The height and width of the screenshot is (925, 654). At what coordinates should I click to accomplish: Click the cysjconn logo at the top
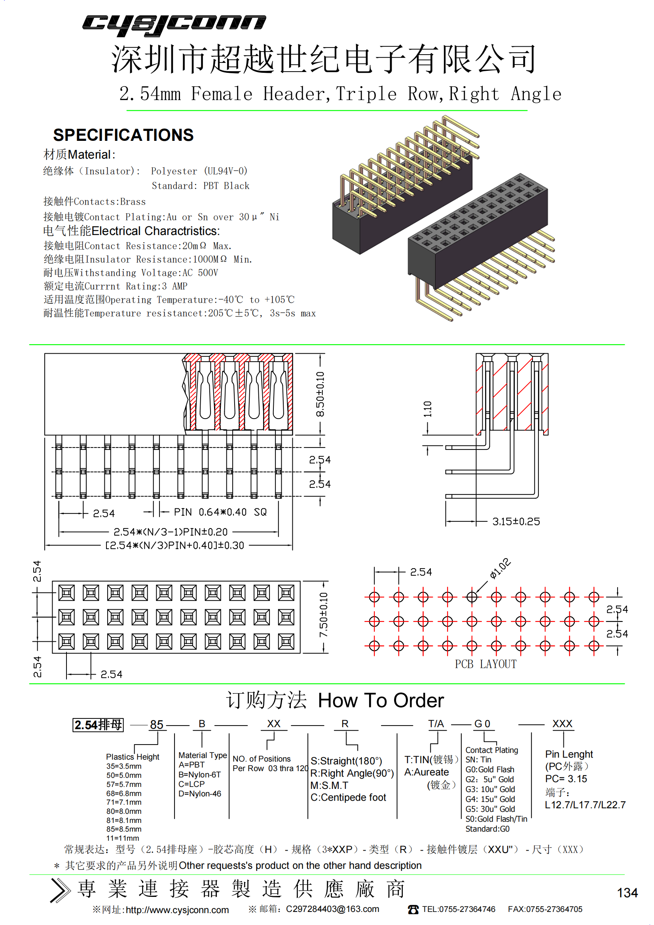[x=174, y=25]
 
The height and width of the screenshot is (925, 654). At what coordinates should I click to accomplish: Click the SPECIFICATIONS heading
[x=123, y=135]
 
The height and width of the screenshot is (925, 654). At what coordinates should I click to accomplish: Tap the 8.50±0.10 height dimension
[x=320, y=394]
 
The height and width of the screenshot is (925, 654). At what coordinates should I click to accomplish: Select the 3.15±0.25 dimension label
[x=516, y=521]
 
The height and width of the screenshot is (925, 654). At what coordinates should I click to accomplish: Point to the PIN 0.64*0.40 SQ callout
[x=220, y=512]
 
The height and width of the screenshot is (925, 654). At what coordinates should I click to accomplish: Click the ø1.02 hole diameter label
[x=500, y=569]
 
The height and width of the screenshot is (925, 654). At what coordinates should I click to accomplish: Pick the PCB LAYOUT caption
[x=485, y=664]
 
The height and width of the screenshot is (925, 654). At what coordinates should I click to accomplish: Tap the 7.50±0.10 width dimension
[x=323, y=615]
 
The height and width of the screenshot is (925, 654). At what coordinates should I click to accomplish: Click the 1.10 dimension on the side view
[x=428, y=409]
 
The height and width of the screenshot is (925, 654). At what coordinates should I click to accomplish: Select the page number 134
[x=627, y=893]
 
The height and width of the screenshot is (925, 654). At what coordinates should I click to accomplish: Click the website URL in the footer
[x=177, y=910]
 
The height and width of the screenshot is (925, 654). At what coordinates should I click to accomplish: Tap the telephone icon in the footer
[x=413, y=909]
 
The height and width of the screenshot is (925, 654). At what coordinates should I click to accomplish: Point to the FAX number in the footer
[x=545, y=909]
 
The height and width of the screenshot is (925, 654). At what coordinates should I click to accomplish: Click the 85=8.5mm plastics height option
[x=124, y=829]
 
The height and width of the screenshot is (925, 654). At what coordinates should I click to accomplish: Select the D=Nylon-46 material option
[x=200, y=794]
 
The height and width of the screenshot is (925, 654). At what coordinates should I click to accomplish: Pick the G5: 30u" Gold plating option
[x=490, y=809]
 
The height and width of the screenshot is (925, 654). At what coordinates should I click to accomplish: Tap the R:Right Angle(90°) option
[x=352, y=773]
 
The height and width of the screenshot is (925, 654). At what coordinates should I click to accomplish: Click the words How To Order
[x=381, y=701]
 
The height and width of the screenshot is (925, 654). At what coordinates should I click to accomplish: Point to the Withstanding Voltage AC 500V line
[x=131, y=273]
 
